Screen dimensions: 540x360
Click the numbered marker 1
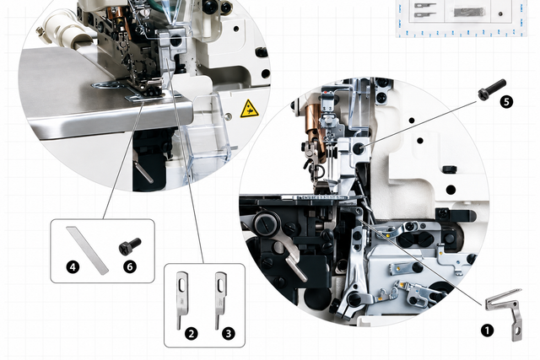(487, 330)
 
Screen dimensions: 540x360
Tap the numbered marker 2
(192, 334)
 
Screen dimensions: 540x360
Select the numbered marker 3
(229, 334)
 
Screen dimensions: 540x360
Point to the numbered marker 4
(73, 266)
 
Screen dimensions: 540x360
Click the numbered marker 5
(506, 102)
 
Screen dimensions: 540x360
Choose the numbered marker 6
(130, 266)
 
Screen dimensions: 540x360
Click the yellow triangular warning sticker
(250, 109)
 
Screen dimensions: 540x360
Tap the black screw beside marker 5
(492, 89)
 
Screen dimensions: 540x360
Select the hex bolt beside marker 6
(129, 246)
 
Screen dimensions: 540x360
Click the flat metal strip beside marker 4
(88, 250)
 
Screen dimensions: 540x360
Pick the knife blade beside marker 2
(181, 299)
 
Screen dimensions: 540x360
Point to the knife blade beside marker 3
(219, 300)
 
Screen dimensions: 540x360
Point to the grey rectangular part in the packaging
(469, 13)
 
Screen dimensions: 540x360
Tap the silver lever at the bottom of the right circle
(295, 262)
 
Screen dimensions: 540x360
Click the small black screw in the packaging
(500, 14)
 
